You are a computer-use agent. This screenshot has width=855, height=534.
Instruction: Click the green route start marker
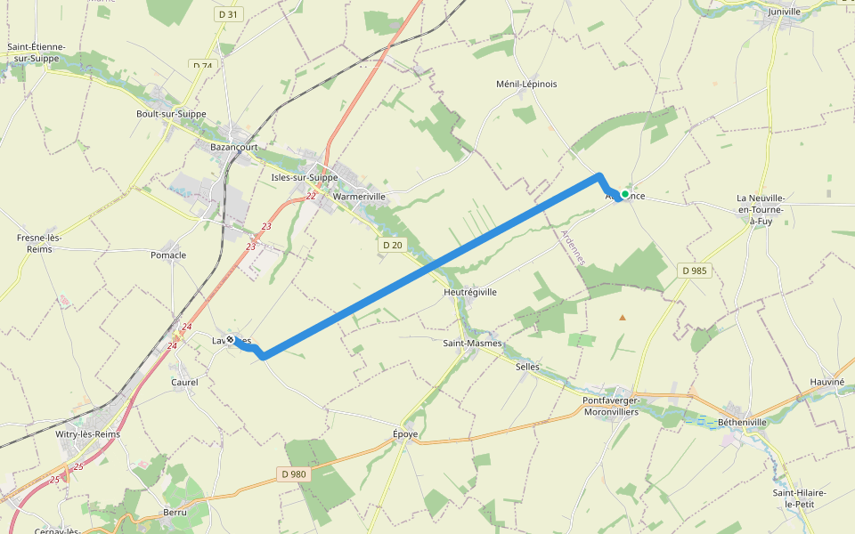click(625, 194)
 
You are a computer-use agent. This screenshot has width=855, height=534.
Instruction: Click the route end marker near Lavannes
click(230, 340)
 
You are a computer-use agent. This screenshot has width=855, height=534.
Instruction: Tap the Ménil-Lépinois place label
click(526, 84)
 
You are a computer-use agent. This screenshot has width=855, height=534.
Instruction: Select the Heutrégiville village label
click(470, 292)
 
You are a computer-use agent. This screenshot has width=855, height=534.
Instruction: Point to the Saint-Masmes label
click(473, 343)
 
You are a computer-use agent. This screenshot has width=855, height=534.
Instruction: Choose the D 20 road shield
click(392, 245)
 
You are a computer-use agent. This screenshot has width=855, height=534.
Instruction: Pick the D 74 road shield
click(203, 66)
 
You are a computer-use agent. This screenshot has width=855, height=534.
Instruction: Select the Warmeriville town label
click(360, 196)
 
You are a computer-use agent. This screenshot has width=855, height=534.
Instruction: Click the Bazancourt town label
click(233, 147)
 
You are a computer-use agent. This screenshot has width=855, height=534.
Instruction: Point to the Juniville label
click(785, 12)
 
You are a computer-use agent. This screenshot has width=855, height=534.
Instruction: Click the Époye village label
click(405, 434)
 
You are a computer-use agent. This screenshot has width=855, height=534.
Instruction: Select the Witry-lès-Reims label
click(87, 434)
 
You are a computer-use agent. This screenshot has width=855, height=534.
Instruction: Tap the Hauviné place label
click(826, 381)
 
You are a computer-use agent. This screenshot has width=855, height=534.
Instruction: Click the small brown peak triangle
click(623, 317)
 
